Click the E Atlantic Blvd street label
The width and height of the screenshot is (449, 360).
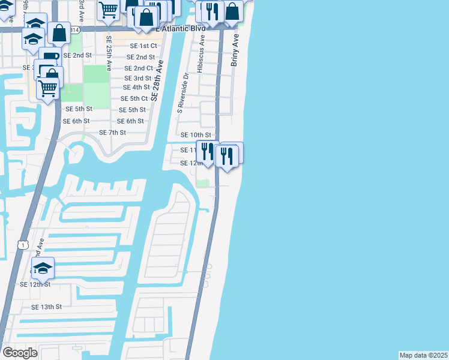click(x=181, y=28)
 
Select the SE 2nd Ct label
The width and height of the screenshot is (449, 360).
click(x=139, y=68)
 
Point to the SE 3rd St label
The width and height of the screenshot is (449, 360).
click(x=137, y=78)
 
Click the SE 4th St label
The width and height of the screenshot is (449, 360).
click(x=136, y=88)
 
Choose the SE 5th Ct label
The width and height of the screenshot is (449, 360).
click(x=134, y=98)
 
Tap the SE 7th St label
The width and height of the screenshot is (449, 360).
click(x=112, y=132)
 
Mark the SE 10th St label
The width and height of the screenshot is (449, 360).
click(x=196, y=136)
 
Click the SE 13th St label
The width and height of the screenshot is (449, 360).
click(x=47, y=307)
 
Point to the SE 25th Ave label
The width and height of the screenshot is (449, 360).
click(x=109, y=53)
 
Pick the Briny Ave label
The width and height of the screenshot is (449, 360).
click(x=235, y=49)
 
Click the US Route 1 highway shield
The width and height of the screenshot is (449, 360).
click(x=23, y=245)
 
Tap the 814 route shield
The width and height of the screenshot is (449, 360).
click(x=74, y=29)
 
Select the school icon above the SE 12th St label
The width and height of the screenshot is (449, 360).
click(x=43, y=268)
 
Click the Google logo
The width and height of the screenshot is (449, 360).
click(x=20, y=353)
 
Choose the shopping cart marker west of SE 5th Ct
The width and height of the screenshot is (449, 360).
click(x=47, y=88)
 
